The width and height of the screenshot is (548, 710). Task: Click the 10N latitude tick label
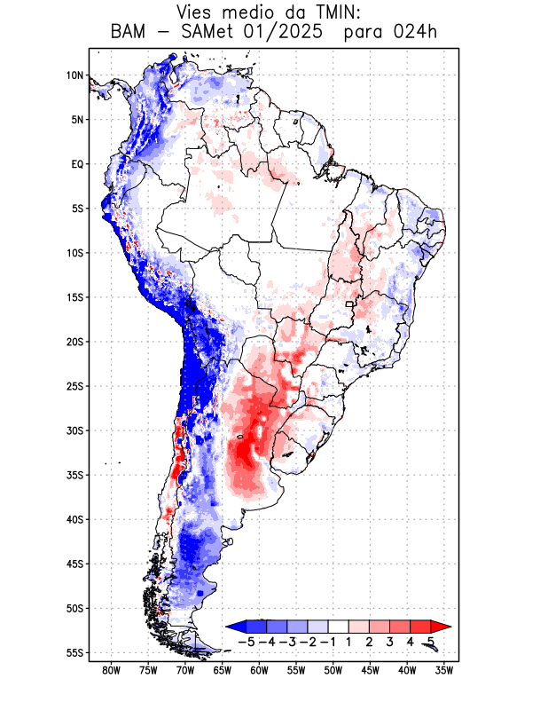click(x=74, y=75)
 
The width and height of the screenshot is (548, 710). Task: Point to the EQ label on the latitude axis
click(x=77, y=164)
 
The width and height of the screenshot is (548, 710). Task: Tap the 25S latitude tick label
click(x=74, y=386)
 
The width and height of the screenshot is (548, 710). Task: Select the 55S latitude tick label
click(x=74, y=652)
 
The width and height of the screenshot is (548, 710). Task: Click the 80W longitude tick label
click(x=112, y=670)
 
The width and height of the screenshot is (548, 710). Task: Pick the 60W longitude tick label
click(x=259, y=670)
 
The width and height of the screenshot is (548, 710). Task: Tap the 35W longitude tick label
click(x=444, y=670)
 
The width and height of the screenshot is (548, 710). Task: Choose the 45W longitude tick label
click(x=370, y=670)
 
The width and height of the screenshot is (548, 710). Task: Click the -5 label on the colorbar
click(x=247, y=642)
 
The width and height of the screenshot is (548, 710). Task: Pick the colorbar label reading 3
click(x=390, y=642)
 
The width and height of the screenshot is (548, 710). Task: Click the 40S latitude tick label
click(x=74, y=519)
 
